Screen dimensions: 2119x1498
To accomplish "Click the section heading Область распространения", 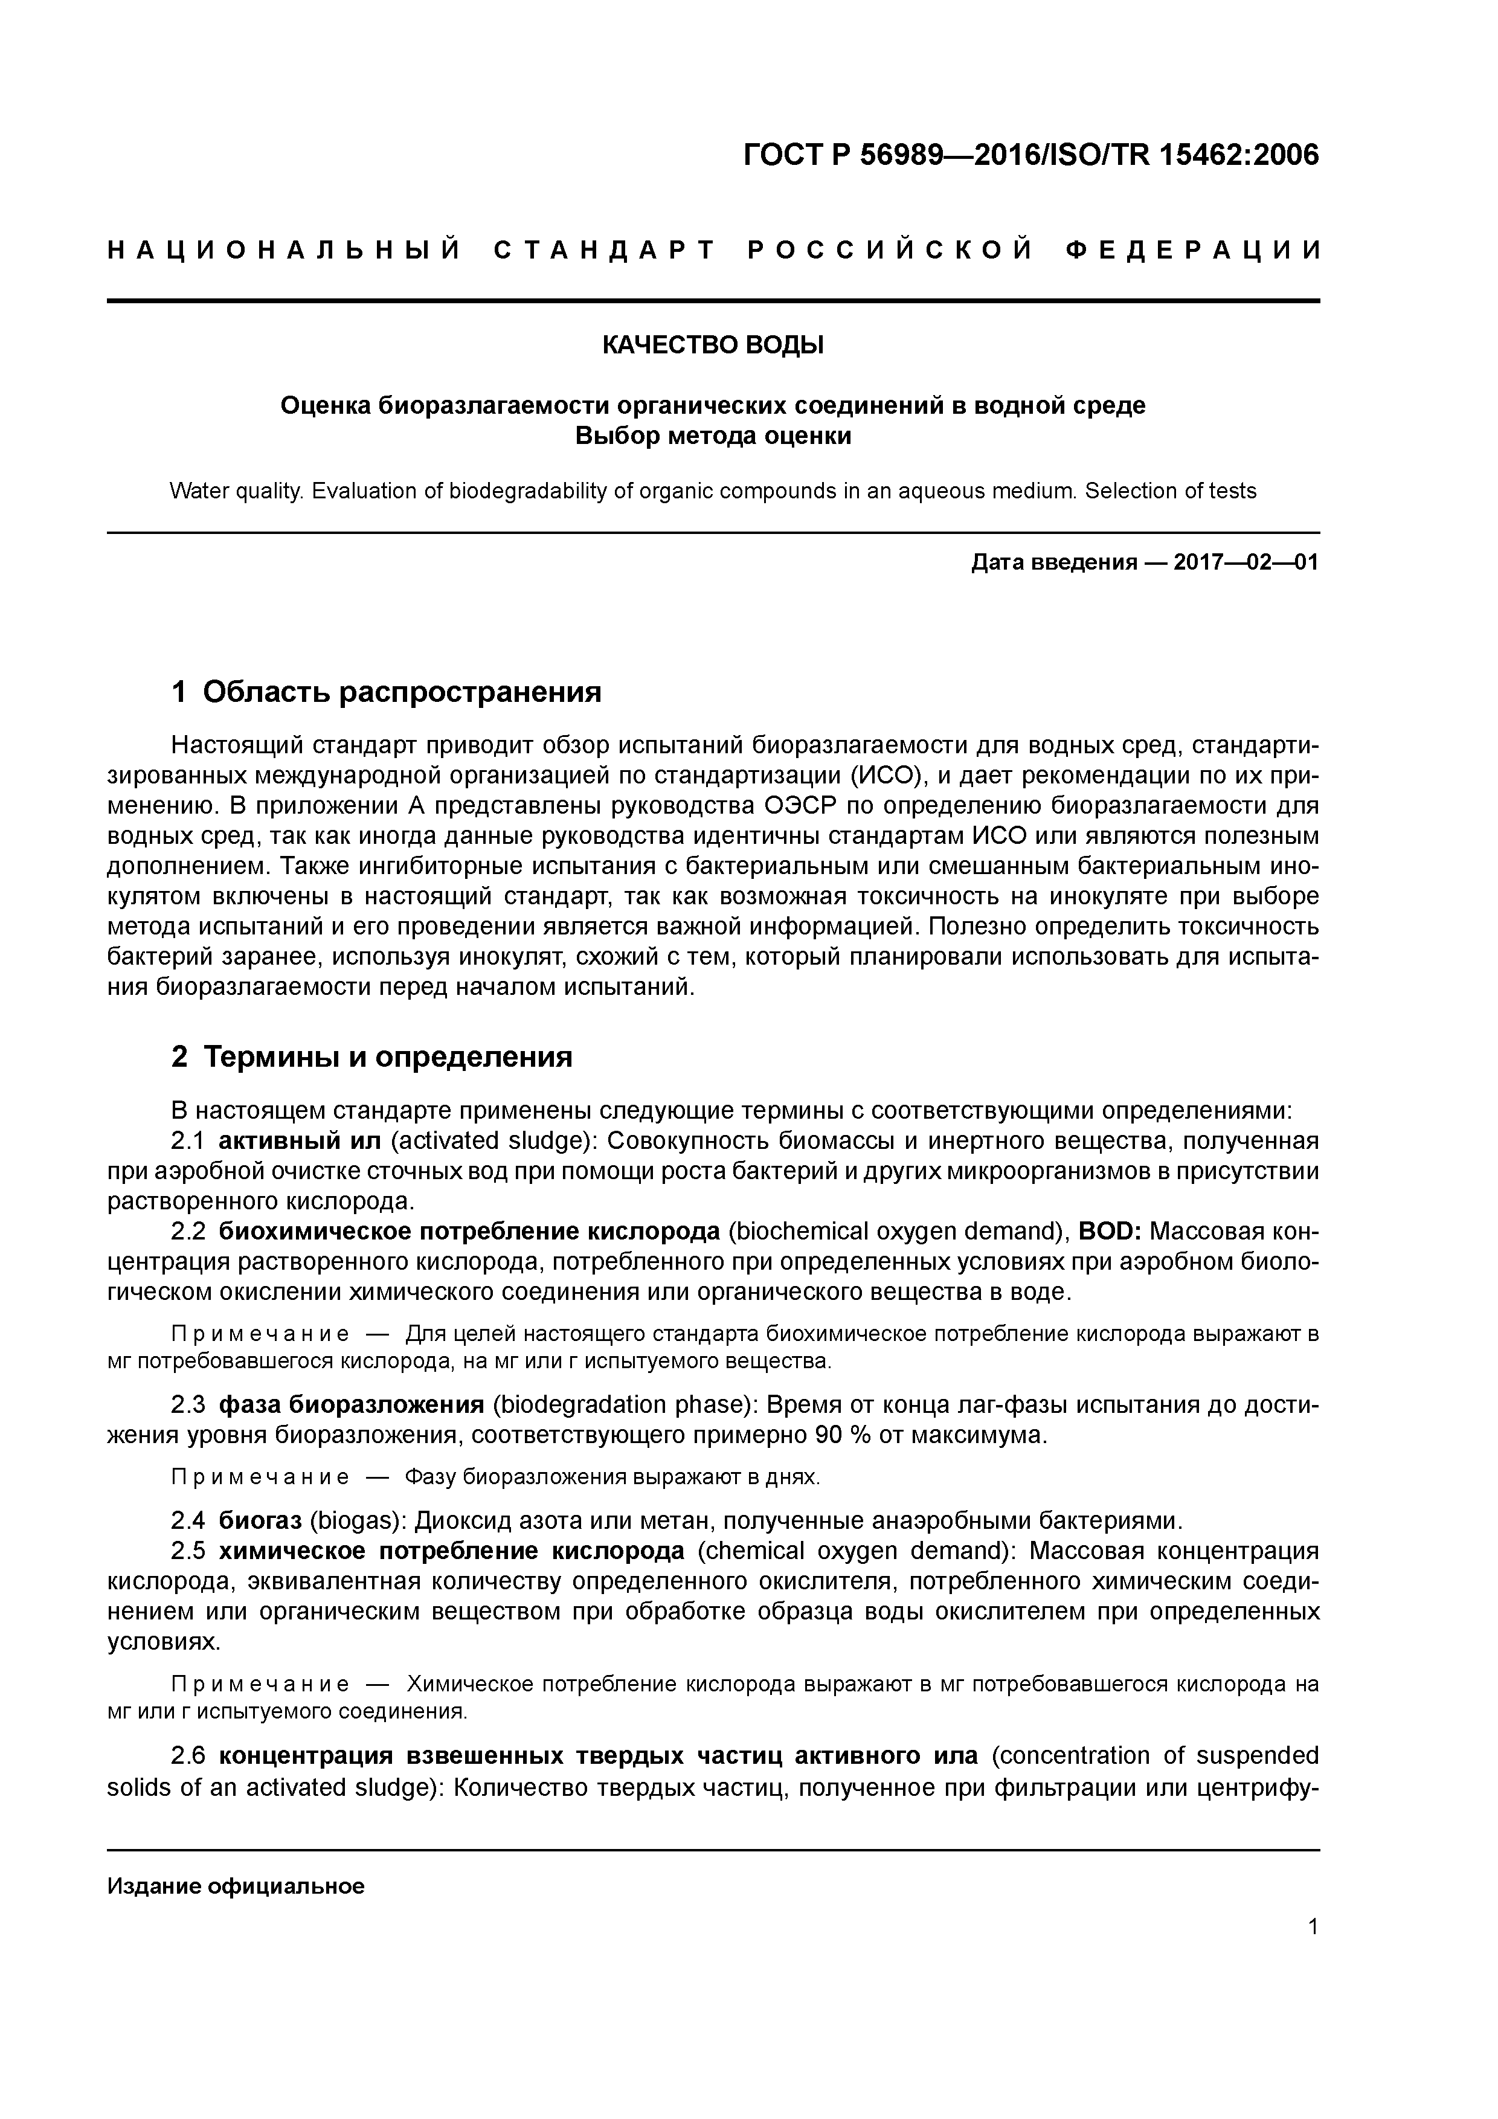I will click(x=402, y=691).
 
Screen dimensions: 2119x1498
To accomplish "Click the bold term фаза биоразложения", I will click(x=351, y=1404).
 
